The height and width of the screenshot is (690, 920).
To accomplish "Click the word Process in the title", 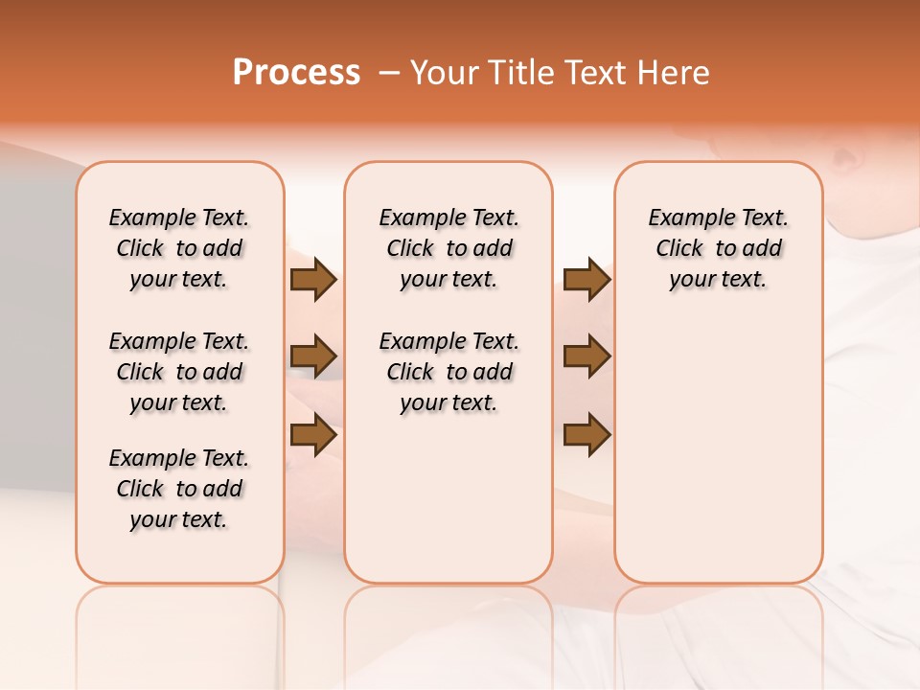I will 296,73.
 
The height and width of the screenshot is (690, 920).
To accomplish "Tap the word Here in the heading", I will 675,73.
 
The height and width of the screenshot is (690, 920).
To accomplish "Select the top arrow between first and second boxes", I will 313,280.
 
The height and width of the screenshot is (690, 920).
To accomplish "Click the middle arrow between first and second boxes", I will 313,356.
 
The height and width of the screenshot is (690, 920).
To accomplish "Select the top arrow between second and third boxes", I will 586,280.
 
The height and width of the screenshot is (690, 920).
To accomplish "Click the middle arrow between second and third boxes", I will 586,356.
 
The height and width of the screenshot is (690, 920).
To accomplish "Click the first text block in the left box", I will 179,248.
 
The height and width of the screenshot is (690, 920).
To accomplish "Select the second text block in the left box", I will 179,372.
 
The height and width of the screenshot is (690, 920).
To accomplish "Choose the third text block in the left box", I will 179,489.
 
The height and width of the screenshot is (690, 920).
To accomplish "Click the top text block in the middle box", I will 448,248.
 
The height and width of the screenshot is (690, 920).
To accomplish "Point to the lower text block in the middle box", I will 448,372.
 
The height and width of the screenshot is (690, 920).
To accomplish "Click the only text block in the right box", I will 718,248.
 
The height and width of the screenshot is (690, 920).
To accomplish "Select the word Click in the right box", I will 679,249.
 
